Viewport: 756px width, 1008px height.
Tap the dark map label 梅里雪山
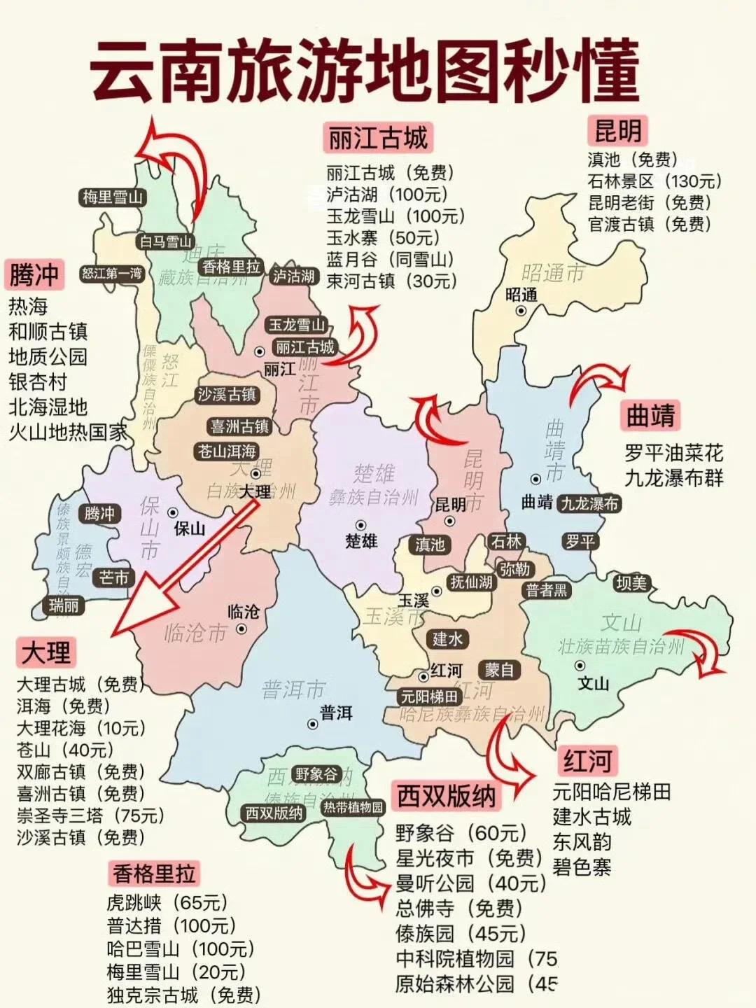(113, 197)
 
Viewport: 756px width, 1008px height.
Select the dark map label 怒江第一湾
(112, 273)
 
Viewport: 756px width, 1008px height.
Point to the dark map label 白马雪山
(165, 241)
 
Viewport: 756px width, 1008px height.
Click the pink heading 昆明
(617, 131)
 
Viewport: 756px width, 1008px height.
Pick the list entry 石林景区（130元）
(654, 181)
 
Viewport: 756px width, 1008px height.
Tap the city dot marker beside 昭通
(521, 311)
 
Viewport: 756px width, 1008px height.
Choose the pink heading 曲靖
(650, 416)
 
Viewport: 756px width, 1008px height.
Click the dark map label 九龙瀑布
(589, 503)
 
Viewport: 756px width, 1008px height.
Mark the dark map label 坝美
(632, 582)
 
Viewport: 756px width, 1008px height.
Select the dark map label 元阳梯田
(429, 696)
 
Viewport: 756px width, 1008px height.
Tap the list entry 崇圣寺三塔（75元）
(90, 815)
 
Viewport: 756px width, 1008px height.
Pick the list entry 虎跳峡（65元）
(167, 902)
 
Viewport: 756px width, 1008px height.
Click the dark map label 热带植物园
(353, 807)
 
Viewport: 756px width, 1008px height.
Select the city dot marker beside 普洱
(312, 724)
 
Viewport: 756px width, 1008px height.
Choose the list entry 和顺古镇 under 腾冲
(48, 332)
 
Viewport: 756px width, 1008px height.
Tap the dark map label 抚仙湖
(471, 582)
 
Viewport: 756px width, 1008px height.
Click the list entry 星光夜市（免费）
(469, 858)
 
